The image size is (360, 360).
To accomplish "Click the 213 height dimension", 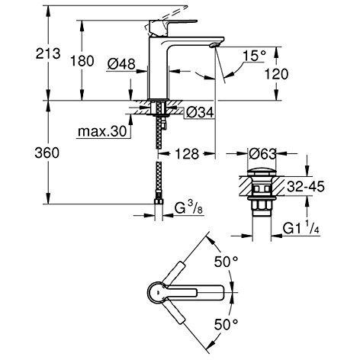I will [22, 54].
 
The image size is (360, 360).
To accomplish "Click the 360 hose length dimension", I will [22, 153].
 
